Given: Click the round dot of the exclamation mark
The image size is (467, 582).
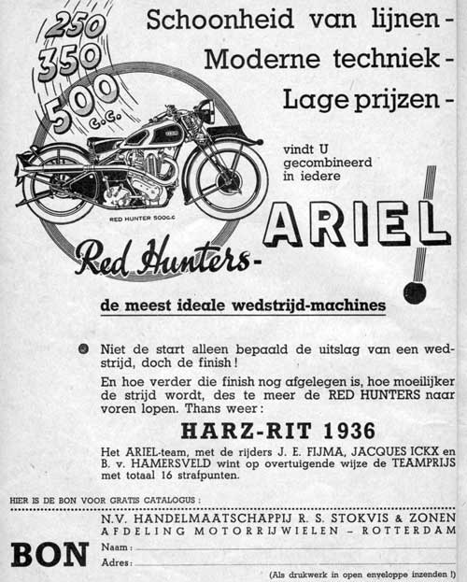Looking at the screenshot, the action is click(415, 292).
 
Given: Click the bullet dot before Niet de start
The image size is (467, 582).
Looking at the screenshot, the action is click(85, 349).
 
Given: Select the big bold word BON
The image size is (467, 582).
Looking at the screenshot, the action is click(50, 554).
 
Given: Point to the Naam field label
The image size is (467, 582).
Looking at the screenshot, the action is click(114, 547).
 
